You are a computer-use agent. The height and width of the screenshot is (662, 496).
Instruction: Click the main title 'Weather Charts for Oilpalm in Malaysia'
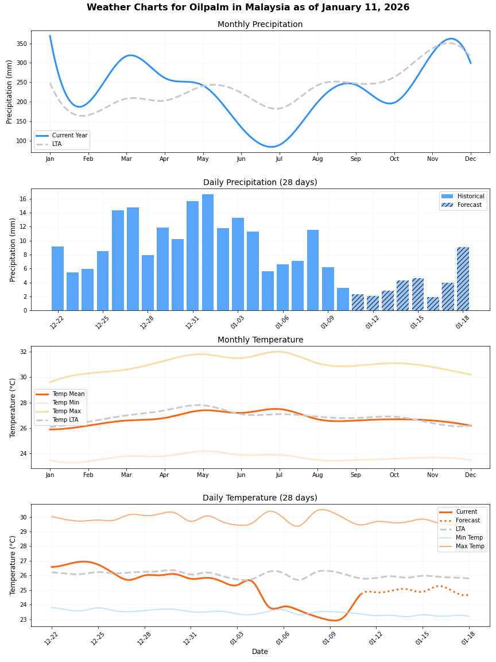click(x=248, y=7)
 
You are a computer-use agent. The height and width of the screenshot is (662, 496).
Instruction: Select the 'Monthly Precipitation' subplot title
click(x=260, y=25)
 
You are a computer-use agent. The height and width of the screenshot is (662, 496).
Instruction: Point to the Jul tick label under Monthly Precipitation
click(x=279, y=159)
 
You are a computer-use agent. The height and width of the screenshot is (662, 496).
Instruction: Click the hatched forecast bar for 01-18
click(x=463, y=279)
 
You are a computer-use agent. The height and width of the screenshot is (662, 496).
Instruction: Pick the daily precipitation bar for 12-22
click(x=57, y=278)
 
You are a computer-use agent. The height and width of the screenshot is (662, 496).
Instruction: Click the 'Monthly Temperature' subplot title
click(x=260, y=340)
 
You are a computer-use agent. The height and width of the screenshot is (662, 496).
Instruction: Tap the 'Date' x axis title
click(x=259, y=652)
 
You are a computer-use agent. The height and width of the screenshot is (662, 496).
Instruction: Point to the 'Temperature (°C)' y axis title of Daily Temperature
click(x=13, y=565)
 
